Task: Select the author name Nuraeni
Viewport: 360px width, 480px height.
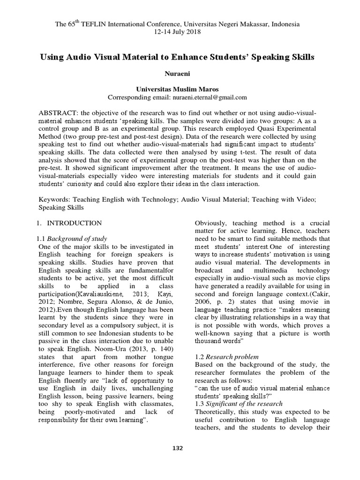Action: click(180, 74)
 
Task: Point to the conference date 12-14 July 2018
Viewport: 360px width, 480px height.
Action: click(180, 32)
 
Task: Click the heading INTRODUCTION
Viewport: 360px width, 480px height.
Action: click(75, 223)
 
